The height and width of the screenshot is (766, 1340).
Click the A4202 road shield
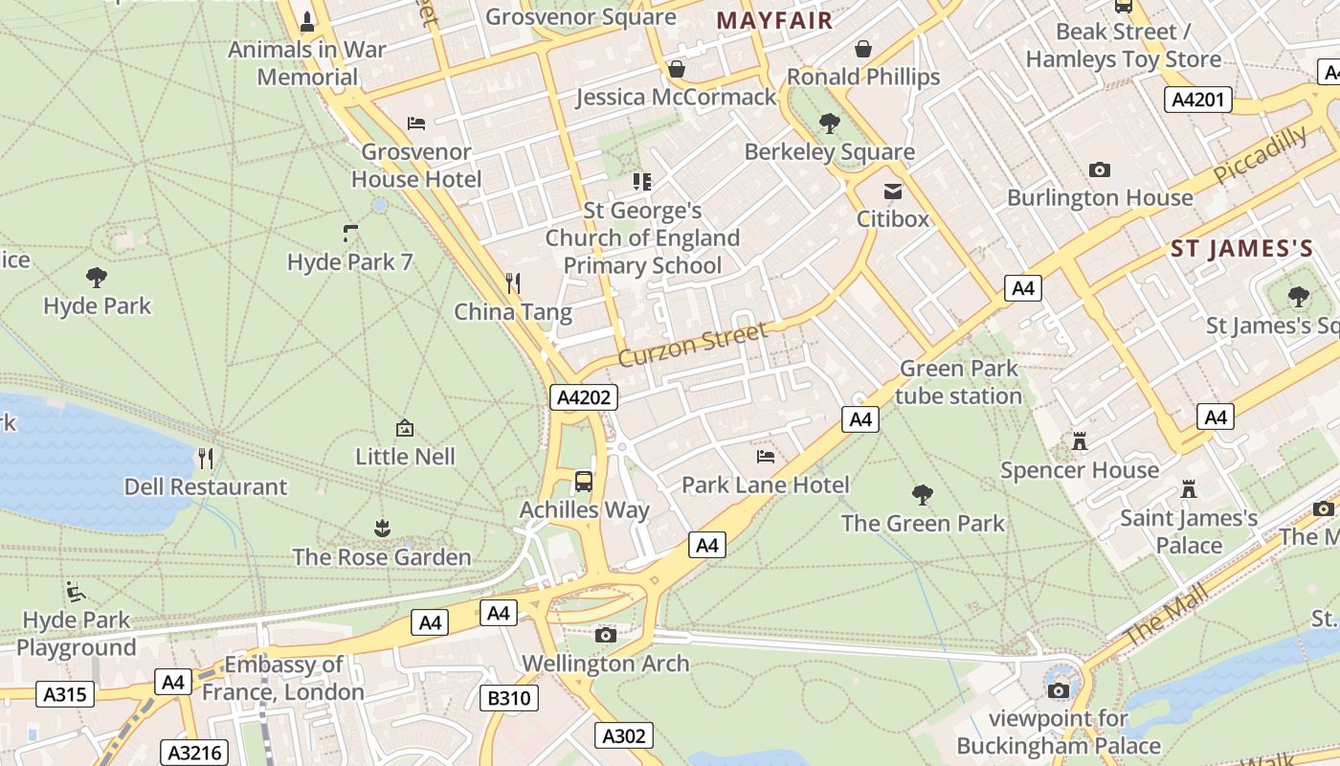[x=584, y=397]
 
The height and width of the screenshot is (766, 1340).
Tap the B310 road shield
[x=508, y=698]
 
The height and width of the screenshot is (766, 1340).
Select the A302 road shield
[x=624, y=735]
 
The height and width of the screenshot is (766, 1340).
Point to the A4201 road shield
[x=1198, y=99]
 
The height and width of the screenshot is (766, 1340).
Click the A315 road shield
[x=66, y=694]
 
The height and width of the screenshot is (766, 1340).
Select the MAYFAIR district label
[x=774, y=20]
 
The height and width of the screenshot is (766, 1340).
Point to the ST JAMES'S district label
[x=1241, y=250]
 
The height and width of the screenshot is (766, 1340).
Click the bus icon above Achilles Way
[x=584, y=481]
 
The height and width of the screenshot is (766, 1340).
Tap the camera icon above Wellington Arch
[x=605, y=635]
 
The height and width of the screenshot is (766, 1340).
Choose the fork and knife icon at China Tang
[x=513, y=282]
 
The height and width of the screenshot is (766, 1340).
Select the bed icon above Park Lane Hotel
[x=766, y=456]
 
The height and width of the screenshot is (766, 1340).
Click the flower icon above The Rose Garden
[x=382, y=528]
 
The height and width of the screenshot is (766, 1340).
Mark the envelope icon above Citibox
[x=893, y=191]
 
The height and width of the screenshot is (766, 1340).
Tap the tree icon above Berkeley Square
[x=829, y=123]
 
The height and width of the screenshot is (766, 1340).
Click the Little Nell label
[x=406, y=457]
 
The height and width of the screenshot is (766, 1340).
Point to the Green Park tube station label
[x=960, y=382]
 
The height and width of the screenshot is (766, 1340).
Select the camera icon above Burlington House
[x=1100, y=169]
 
